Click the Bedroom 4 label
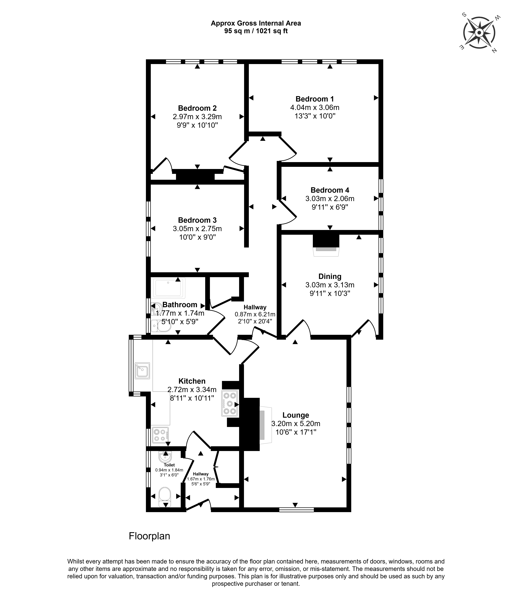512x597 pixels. (x=330, y=190)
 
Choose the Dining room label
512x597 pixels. (x=330, y=276)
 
